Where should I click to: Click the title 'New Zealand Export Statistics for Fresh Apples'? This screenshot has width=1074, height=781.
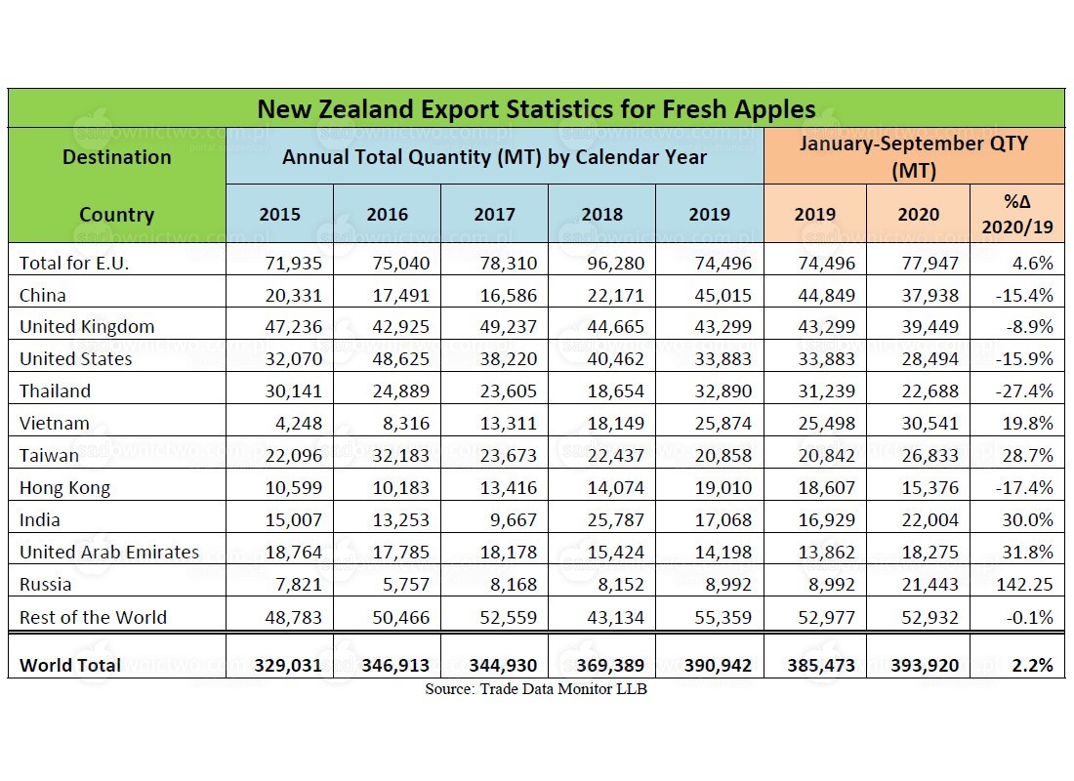pos(536,109)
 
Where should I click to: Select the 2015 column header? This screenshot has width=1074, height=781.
pos(279,215)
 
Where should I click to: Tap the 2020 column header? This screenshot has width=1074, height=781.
pos(919,215)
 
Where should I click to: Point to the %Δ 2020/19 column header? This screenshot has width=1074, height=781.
pos(1017,214)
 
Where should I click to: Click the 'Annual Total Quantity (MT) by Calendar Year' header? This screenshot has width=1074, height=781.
pos(495,157)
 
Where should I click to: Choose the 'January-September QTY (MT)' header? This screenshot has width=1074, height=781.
pos(914,156)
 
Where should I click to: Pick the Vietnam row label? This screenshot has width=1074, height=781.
pos(54,424)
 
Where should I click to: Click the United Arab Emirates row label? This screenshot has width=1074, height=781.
pos(109,553)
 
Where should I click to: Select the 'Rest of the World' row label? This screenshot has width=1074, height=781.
pos(93,617)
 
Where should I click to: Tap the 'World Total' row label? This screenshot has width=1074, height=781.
pos(70,665)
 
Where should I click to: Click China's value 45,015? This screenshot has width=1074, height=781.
pos(723,295)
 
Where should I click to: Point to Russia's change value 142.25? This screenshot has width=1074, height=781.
pos(1024,585)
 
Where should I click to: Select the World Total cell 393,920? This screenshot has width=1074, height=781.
pos(925,665)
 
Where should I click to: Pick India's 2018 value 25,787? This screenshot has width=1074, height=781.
pos(616,520)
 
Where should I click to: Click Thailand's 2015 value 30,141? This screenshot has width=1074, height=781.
pos(293,391)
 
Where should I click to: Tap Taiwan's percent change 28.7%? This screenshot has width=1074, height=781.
pos(1027,456)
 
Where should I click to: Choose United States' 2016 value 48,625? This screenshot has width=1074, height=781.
pos(400,359)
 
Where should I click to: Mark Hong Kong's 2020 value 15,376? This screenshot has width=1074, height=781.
pos(930,488)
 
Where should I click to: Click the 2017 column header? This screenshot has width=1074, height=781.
pos(495,215)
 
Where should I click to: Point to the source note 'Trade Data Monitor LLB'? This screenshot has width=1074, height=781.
pos(563,689)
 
